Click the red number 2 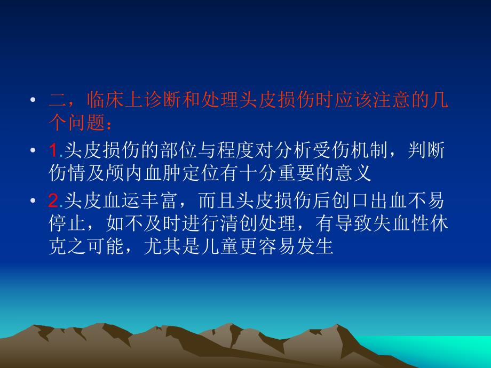click(x=53, y=201)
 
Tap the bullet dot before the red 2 click(x=34, y=202)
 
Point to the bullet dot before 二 click(x=34, y=100)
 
